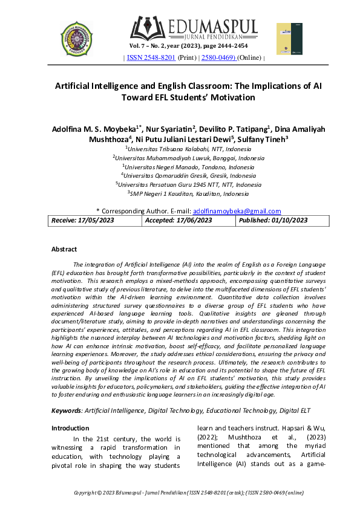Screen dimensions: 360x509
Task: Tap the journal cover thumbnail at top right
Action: coord(289,39)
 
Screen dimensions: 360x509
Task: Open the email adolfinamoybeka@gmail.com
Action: coord(237,211)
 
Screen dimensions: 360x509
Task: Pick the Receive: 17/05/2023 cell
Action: coord(82,221)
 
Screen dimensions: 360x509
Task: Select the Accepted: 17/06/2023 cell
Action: coord(178,221)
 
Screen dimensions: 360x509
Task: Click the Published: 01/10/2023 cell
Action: coord(273,221)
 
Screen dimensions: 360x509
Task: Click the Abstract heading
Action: coord(64,249)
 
